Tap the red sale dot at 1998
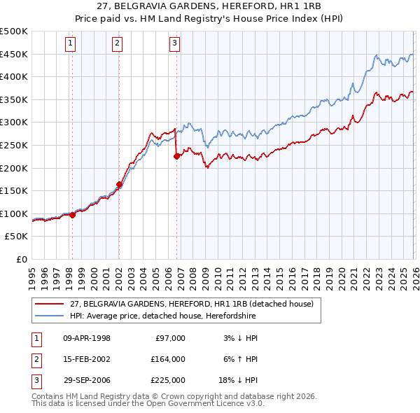tap(72, 215)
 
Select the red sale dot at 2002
tap(119, 185)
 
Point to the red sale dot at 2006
tap(176, 157)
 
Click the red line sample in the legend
tap(49, 304)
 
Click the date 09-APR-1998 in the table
tap(87, 338)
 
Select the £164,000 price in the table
tap(168, 359)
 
